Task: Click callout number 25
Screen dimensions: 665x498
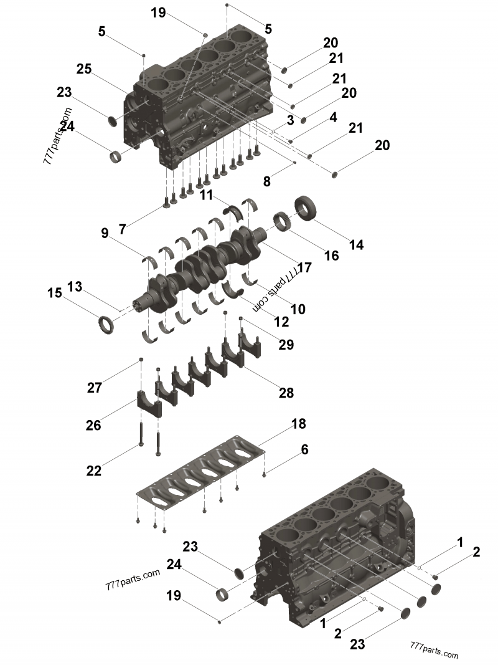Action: pyautogui.click(x=85, y=69)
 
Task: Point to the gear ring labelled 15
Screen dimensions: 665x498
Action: pyautogui.click(x=106, y=324)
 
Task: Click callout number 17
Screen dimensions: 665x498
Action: pyautogui.click(x=304, y=268)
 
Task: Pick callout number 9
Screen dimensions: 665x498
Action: pyautogui.click(x=105, y=234)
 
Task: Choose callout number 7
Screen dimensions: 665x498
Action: pyautogui.click(x=123, y=229)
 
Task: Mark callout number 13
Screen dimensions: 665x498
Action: pyautogui.click(x=75, y=287)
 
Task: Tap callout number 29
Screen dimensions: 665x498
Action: pyautogui.click(x=286, y=344)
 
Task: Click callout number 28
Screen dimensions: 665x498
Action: pyautogui.click(x=286, y=393)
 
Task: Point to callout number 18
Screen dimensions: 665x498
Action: pyautogui.click(x=299, y=424)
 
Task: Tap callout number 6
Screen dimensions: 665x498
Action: pyautogui.click(x=304, y=449)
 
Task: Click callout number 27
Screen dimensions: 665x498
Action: pyautogui.click(x=94, y=388)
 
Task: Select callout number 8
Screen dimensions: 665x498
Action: pyautogui.click(x=266, y=182)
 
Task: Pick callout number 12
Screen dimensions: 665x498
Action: pyautogui.click(x=281, y=322)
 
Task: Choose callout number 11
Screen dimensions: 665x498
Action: pyautogui.click(x=207, y=195)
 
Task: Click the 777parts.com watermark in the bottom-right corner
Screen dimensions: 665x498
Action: pyautogui.click(x=434, y=651)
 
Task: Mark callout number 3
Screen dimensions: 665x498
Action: pyautogui.click(x=290, y=119)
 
